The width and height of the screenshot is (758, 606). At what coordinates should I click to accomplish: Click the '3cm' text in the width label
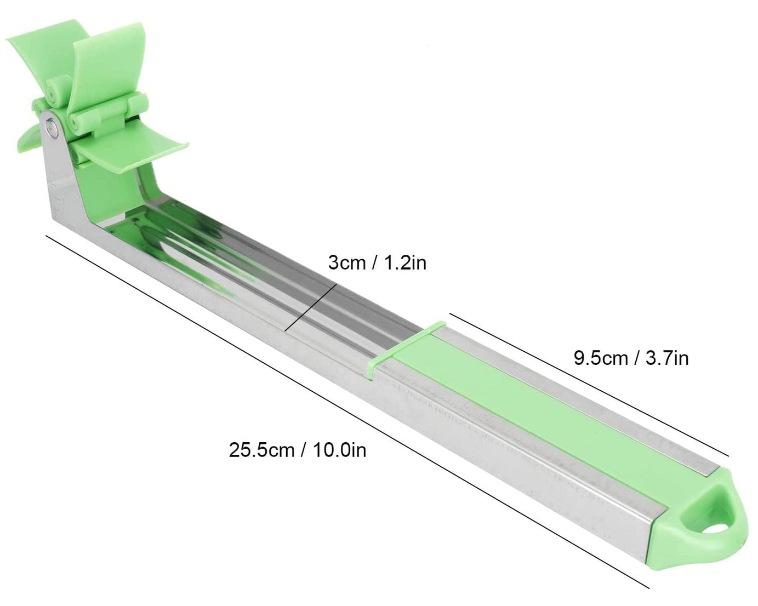pyautogui.click(x=346, y=263)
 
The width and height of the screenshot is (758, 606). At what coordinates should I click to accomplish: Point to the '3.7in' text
pyautogui.click(x=667, y=358)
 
